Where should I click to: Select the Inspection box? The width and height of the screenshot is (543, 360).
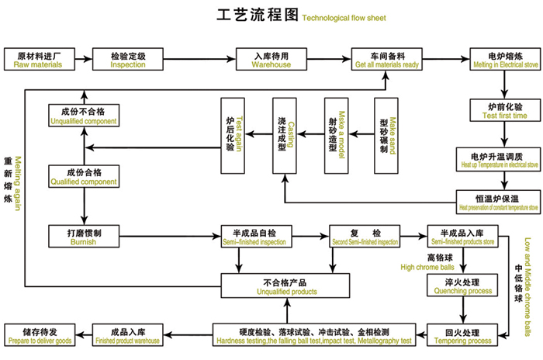(128, 60)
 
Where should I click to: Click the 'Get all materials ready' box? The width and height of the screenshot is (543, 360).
(388, 60)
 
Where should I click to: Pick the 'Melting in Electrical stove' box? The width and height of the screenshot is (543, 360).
(500, 60)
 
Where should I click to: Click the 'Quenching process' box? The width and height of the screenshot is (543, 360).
(459, 286)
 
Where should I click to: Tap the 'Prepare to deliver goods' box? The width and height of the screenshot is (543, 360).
(39, 334)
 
